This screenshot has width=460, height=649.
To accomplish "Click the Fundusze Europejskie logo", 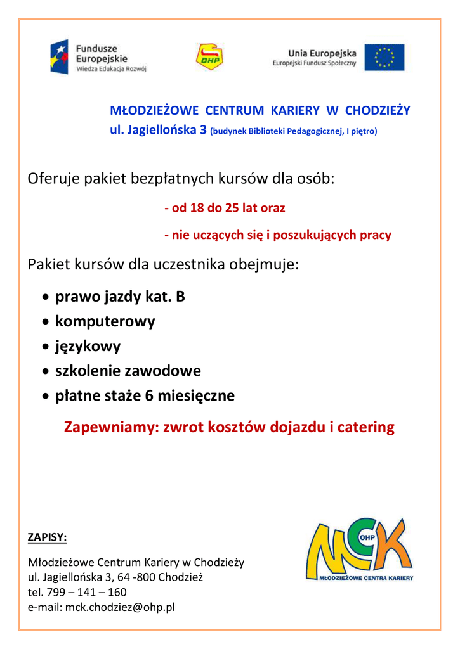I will point(98,57).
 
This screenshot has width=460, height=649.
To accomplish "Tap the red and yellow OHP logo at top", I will point(209,56).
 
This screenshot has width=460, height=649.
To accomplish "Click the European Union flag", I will point(384,57).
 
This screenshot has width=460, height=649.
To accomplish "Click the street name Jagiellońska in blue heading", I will point(165,131).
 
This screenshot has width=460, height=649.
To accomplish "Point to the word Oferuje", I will point(53,179).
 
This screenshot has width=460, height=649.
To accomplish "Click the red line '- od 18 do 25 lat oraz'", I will point(225,208).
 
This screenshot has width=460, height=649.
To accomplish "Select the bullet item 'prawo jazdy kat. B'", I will point(120,297).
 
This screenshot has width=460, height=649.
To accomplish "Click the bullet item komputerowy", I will point(105,321).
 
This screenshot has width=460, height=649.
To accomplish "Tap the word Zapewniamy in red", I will point(110,427).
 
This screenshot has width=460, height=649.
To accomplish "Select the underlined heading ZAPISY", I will point(47,537).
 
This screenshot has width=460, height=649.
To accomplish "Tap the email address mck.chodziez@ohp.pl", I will point(120,607).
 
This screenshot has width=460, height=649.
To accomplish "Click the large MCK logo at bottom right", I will point(358,549).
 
